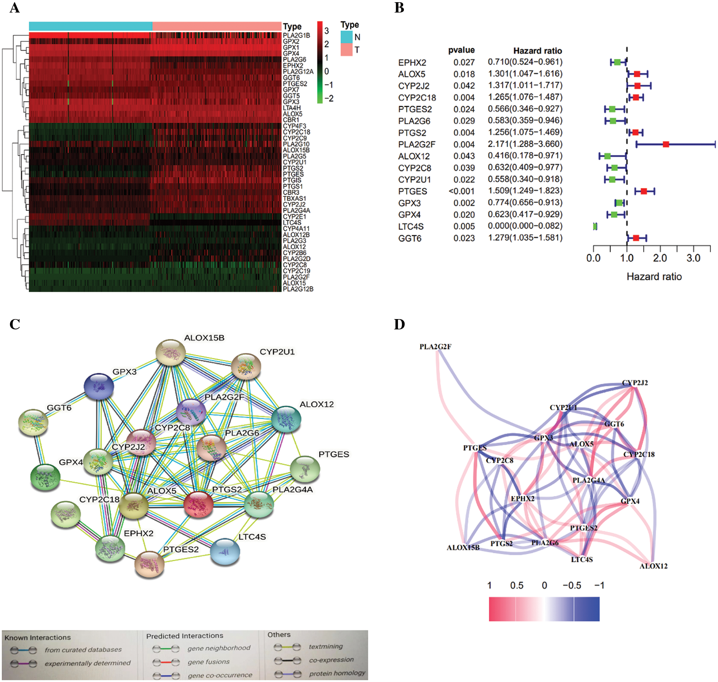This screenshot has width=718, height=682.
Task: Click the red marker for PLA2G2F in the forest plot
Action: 666,144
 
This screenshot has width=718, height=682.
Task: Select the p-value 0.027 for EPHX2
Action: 464,62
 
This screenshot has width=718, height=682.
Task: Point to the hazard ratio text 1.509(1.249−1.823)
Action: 525,191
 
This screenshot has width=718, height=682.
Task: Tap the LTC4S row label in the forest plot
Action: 411,227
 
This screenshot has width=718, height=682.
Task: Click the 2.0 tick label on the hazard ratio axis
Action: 660,258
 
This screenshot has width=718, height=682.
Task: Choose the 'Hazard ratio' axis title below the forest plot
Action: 654,277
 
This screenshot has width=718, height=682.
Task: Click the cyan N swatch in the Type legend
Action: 346,37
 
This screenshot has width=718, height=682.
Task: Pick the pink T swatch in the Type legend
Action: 346,50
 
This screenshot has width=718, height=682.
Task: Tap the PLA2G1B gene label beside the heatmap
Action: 296,35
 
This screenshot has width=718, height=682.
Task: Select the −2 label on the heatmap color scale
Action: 329,98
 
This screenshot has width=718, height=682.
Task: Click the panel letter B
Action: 399,8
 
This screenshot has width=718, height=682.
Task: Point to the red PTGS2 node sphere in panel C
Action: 198,504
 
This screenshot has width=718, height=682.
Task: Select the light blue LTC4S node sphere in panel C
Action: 225,552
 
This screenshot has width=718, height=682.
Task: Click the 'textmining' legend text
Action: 325,646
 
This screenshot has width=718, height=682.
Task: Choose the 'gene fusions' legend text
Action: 208,662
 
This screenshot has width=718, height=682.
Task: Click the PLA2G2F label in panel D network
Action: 435,347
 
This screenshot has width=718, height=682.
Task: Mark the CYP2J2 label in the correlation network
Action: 635,383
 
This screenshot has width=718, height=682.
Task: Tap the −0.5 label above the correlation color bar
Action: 571,585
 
